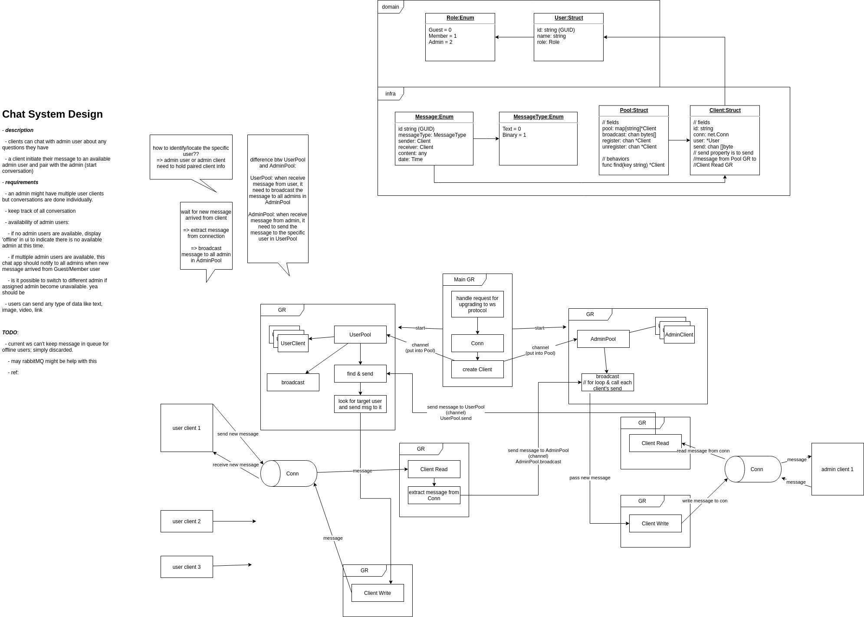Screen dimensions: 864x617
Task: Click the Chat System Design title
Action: [53, 114]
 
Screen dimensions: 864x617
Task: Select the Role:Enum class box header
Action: [460, 18]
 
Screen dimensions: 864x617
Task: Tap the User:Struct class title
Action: [568, 18]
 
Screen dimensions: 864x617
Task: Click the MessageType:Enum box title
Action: [538, 117]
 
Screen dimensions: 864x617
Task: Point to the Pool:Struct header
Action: [634, 110]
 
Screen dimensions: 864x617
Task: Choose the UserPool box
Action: [360, 335]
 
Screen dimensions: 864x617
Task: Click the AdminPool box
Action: [603, 339]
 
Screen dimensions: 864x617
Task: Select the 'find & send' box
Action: [360, 374]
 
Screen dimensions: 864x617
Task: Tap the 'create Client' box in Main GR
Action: [477, 370]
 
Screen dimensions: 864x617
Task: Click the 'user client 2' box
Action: [187, 521]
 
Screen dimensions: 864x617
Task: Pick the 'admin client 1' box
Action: [838, 469]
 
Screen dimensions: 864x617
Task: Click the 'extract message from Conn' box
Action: [434, 495]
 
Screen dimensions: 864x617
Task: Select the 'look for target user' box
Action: [360, 404]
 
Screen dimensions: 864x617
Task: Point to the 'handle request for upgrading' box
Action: [477, 304]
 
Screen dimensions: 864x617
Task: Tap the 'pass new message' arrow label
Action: [590, 478]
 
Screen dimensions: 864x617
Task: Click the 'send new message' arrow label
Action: [238, 434]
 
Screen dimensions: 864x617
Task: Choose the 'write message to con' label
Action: [705, 501]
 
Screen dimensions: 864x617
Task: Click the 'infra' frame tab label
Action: [391, 94]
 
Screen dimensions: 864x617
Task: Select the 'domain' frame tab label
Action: [391, 7]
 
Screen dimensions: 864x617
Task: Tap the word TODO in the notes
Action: [10, 333]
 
